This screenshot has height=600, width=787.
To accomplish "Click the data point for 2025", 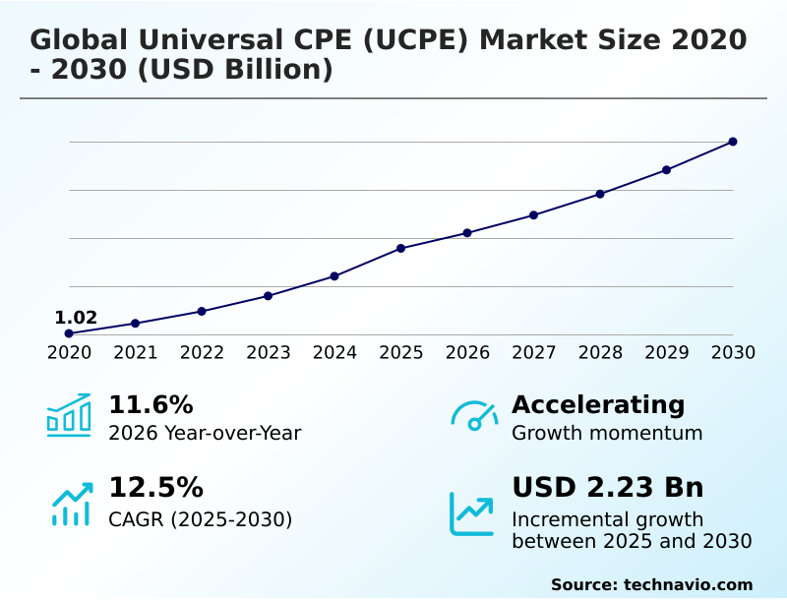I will [401, 248].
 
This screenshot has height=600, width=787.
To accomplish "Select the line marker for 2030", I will [733, 142].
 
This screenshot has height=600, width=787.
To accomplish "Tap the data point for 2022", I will [202, 311].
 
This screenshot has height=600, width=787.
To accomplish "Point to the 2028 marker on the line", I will [600, 194].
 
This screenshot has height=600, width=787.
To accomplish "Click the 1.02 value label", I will [76, 318].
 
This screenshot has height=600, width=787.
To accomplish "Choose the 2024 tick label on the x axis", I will [334, 353].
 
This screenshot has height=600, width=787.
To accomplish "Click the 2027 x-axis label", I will [533, 353].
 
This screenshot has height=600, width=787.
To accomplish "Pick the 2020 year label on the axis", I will [69, 353].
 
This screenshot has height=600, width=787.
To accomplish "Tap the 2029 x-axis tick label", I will [666, 353].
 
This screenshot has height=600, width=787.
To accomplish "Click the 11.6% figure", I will [151, 405].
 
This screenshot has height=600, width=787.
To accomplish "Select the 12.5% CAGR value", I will [155, 488].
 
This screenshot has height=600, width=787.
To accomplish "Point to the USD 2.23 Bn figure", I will [607, 488].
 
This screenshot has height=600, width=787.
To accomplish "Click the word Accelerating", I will [598, 405].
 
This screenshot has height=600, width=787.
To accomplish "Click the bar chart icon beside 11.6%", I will [69, 415].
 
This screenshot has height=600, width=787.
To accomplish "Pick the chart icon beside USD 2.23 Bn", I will [472, 513].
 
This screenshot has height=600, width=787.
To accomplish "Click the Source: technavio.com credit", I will [651, 584].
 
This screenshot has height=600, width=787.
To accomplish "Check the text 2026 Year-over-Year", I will [205, 434].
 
